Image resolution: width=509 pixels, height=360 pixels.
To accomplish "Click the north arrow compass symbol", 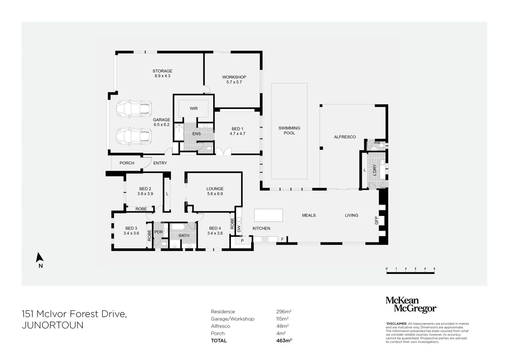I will [40, 257].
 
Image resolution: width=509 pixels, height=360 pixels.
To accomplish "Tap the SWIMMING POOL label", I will [289, 130].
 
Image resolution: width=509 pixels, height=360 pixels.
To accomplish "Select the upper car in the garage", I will [134, 108].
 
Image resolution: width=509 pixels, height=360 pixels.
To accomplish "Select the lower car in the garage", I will [134, 136].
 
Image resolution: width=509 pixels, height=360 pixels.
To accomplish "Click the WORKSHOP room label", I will [234, 77].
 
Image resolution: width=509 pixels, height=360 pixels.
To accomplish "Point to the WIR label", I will [194, 108].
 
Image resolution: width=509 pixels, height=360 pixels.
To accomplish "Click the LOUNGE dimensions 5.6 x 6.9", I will [215, 194].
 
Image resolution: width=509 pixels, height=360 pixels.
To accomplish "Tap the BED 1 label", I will [237, 129].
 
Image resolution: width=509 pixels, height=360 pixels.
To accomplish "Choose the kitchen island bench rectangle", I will [268, 215].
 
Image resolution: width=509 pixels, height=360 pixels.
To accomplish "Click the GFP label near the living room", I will [376, 220].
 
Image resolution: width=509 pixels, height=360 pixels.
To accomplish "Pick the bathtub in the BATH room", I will [179, 227].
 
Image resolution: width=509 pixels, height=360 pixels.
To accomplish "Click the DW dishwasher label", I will [239, 229].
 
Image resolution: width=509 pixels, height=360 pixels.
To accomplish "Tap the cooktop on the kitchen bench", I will [265, 239].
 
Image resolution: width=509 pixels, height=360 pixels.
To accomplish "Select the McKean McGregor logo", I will [411, 305].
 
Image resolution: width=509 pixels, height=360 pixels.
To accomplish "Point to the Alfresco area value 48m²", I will [282, 326].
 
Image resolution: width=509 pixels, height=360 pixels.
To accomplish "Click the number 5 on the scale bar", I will [434, 269].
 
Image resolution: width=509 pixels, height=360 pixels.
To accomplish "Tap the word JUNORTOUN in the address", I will [53, 325].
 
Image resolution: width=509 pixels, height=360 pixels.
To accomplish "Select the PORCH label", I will [127, 163].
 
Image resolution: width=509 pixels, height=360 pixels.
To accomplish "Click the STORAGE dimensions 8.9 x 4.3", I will [162, 76].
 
